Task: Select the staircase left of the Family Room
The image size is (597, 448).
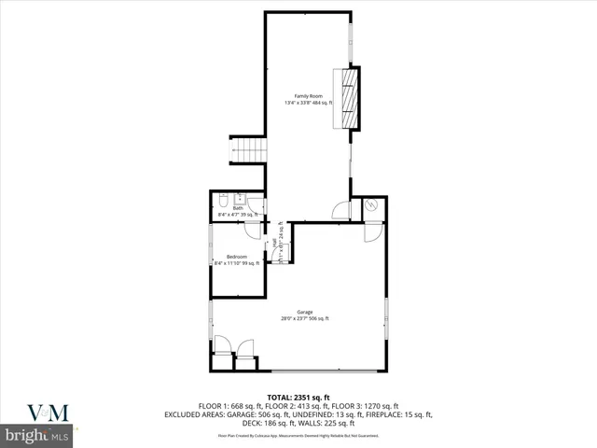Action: click(x=247, y=148)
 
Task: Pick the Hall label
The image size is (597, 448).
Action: click(x=275, y=245)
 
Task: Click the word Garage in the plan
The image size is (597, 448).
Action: click(x=304, y=312)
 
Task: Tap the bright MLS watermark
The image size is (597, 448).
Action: click(x=37, y=436)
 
